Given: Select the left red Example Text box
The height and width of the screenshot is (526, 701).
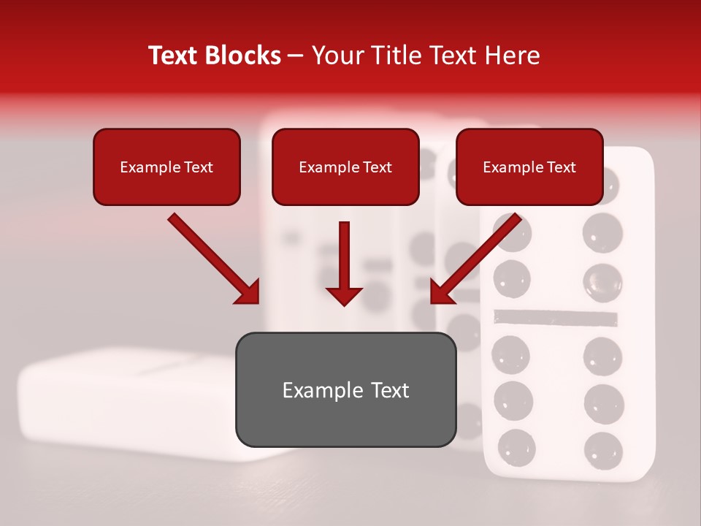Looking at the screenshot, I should click(x=166, y=167).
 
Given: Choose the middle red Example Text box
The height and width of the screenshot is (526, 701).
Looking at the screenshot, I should click(x=345, y=167).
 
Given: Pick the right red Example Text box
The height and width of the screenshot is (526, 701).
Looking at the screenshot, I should click(x=529, y=167).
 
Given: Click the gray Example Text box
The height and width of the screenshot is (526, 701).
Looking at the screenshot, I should click(x=345, y=390).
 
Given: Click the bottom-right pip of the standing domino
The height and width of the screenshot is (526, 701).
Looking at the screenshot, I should click(x=603, y=448).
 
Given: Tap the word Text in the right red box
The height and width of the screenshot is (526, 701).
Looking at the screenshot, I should click(x=562, y=167).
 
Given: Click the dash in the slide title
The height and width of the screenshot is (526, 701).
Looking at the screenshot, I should click(x=296, y=56).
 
